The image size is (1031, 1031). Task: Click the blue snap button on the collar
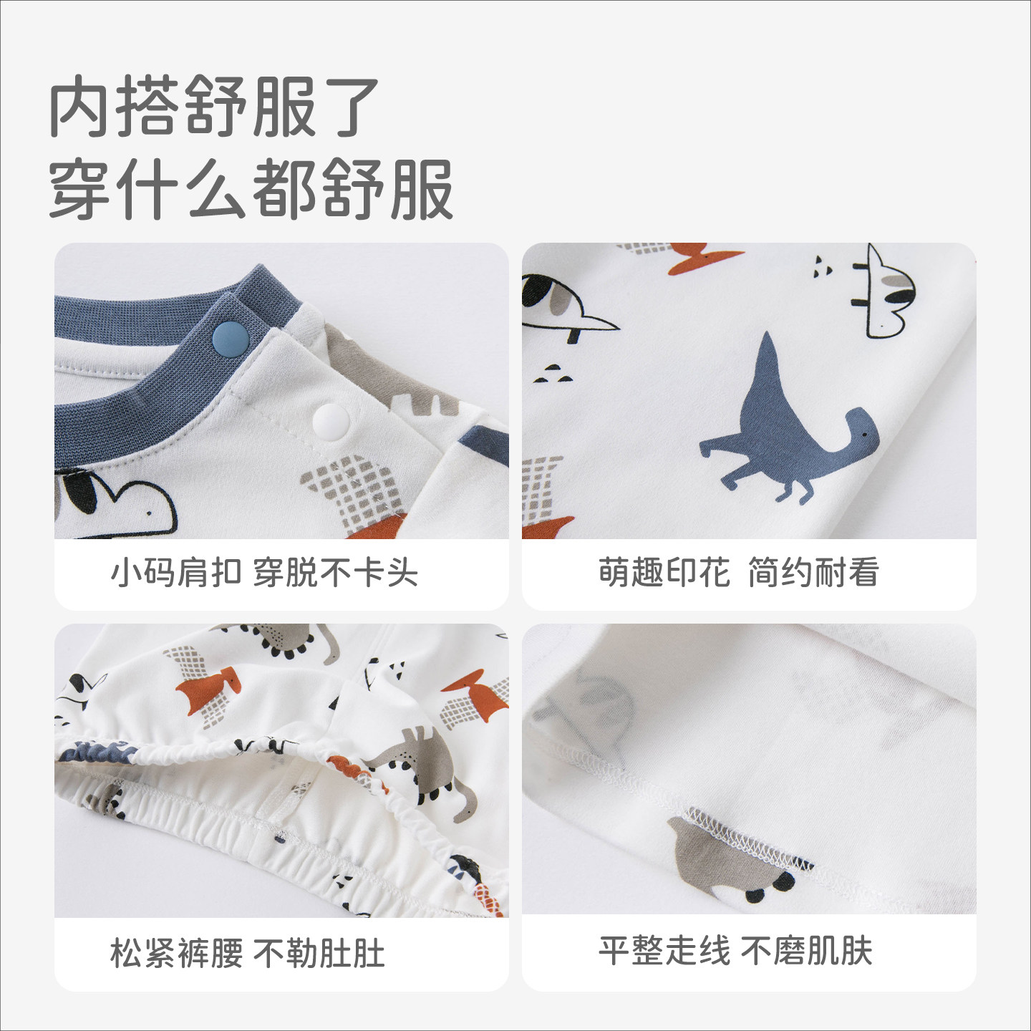(231, 339)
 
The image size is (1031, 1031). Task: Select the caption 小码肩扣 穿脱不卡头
(264, 573)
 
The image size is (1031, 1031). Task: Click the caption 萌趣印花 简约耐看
(739, 573)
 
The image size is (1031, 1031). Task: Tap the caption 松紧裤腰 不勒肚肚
(248, 954)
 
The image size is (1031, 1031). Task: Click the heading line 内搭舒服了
(215, 106)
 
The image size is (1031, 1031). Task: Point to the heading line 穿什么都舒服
(251, 190)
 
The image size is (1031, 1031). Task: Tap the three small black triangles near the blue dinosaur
(553, 374)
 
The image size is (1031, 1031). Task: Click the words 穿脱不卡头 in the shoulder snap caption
(336, 573)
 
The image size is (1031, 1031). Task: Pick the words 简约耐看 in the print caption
(813, 573)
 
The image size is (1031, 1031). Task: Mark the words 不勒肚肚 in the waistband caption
(319, 954)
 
